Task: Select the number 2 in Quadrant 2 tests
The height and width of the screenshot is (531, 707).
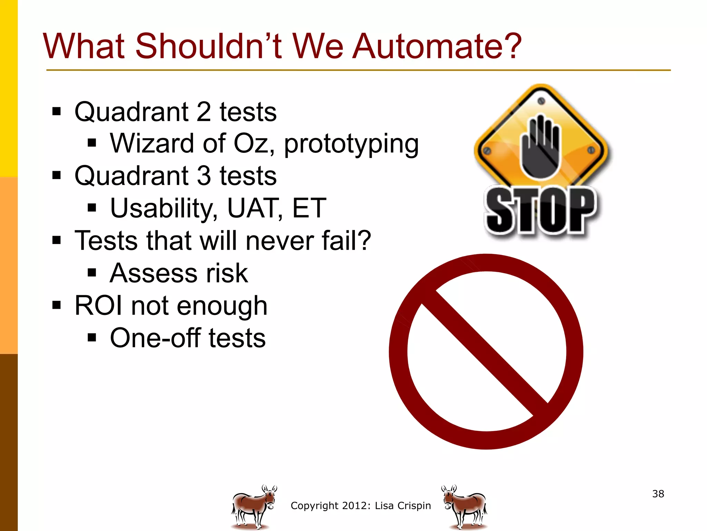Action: (204, 112)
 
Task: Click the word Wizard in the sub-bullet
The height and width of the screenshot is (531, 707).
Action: (152, 143)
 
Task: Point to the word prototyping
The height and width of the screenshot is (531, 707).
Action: (351, 145)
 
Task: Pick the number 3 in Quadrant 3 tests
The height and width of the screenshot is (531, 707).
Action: (204, 176)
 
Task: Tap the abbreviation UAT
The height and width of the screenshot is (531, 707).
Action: (253, 208)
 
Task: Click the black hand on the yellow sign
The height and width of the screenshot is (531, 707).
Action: (540, 147)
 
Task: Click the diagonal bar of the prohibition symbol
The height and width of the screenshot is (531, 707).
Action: (485, 353)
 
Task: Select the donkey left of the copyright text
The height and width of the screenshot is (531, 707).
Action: (254, 507)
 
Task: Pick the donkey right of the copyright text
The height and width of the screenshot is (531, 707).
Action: (465, 507)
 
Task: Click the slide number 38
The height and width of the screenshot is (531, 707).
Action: (658, 494)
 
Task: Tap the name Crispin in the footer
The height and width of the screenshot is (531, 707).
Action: (414, 506)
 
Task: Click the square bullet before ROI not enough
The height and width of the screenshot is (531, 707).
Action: (57, 306)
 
